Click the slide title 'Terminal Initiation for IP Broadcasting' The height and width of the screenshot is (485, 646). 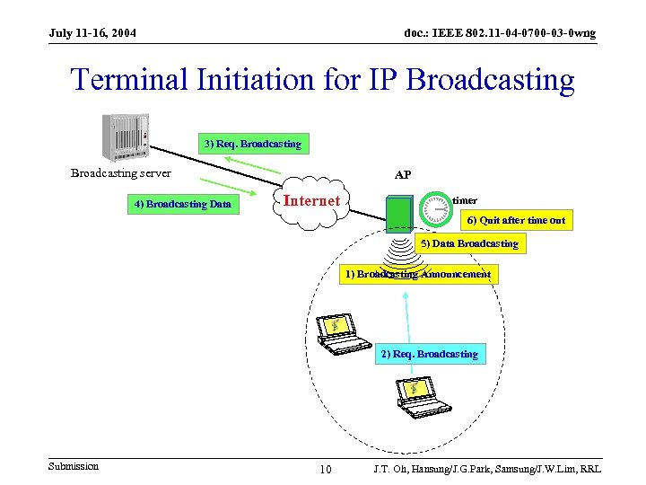click(x=322, y=80)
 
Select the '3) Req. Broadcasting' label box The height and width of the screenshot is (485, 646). click(x=252, y=144)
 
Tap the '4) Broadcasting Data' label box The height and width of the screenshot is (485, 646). click(x=183, y=204)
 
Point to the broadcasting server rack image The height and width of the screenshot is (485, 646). click(x=125, y=137)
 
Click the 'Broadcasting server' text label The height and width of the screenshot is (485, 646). click(x=121, y=173)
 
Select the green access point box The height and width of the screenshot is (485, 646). click(x=399, y=214)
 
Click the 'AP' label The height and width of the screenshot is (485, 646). click(x=403, y=175)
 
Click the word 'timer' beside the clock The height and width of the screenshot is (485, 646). click(x=465, y=200)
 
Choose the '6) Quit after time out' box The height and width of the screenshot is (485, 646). click(x=515, y=220)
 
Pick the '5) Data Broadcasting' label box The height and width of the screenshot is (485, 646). click(x=469, y=243)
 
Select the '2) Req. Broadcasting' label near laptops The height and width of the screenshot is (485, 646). click(x=429, y=354)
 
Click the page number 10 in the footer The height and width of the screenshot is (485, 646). click(x=326, y=470)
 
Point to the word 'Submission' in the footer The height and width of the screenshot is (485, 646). click(x=74, y=466)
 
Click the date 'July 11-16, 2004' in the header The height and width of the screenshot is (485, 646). click(x=93, y=33)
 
